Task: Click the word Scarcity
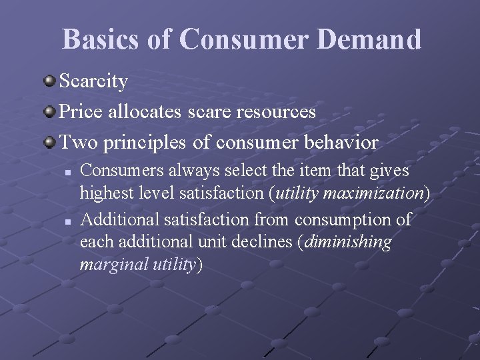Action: (x=94, y=81)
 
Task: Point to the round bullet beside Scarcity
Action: (x=50, y=81)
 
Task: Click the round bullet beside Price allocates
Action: (x=50, y=111)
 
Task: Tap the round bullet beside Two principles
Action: (x=50, y=142)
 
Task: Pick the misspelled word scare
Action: (x=209, y=111)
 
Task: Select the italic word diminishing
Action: (x=349, y=241)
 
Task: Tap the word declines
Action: (x=263, y=241)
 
